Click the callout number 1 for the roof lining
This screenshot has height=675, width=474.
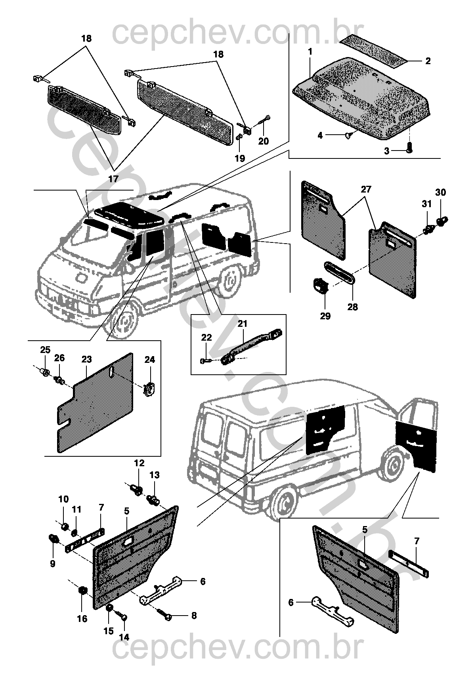pyautogui.click(x=310, y=52)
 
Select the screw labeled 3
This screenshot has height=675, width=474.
pyautogui.click(x=410, y=148)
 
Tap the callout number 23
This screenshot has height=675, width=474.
pyautogui.click(x=86, y=359)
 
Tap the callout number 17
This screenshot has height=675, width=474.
pyautogui.click(x=113, y=179)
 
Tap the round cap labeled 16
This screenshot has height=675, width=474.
pyautogui.click(x=82, y=591)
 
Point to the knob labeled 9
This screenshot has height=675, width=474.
pyautogui.click(x=53, y=538)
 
